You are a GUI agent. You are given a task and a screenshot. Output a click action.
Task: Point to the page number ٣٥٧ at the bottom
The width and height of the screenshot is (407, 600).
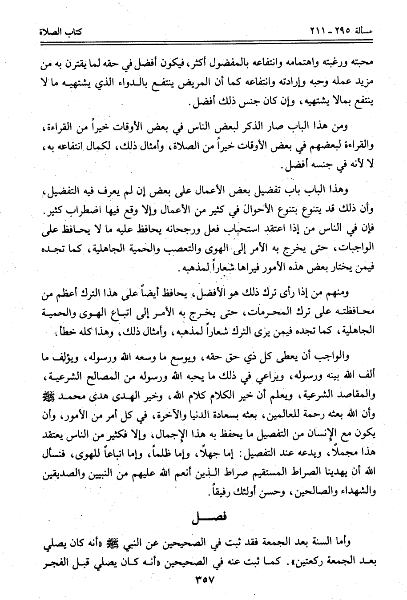[x=204, y=580]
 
